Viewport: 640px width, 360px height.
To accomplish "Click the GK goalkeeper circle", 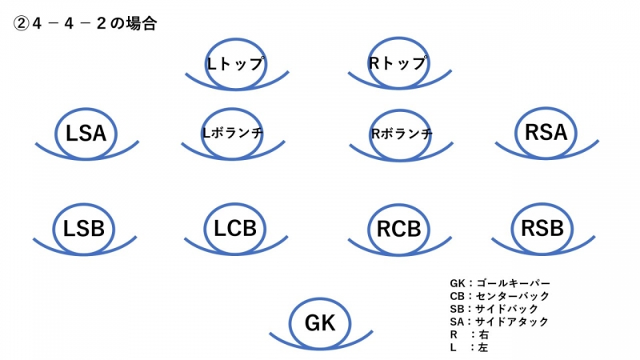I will point(320,322).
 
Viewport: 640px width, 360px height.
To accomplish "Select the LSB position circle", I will point(84,228).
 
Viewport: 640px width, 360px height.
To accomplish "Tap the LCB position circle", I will point(236,228).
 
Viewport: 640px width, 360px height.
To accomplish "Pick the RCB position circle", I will point(398,229).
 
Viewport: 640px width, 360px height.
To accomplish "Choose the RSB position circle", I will point(542,228).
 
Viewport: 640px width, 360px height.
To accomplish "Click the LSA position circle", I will point(86,133).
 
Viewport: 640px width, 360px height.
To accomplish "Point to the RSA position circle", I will point(546,132).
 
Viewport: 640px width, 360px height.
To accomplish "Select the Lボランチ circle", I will point(233,132).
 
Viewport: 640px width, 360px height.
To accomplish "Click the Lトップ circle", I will point(235,63).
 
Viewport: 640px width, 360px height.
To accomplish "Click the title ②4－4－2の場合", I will point(84,24).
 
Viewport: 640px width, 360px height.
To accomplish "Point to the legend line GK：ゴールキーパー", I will point(500,283).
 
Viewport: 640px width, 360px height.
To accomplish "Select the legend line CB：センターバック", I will point(500,296).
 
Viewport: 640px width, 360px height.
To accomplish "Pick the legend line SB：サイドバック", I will point(494,309).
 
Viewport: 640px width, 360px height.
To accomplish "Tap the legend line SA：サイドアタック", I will point(499,322).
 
